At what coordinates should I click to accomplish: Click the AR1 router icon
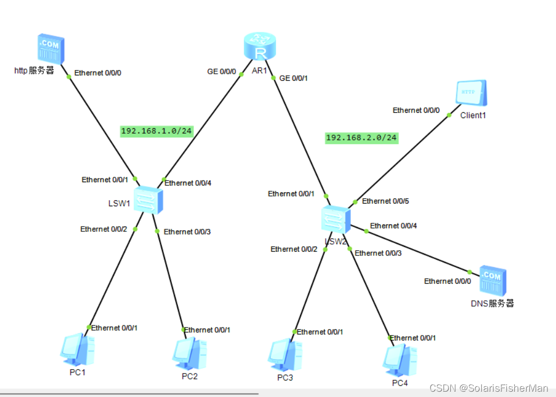click(x=260, y=46)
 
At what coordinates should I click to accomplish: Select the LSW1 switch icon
click(x=148, y=200)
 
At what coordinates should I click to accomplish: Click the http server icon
click(x=51, y=49)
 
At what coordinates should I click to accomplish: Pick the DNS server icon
click(x=492, y=282)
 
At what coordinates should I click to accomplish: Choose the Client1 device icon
click(x=472, y=94)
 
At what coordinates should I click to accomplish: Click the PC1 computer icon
click(x=77, y=350)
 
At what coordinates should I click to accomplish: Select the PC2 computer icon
click(x=190, y=353)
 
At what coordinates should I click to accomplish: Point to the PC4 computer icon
click(x=400, y=361)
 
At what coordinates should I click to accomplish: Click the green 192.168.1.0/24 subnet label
click(x=156, y=131)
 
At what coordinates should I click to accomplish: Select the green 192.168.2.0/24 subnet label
click(x=362, y=138)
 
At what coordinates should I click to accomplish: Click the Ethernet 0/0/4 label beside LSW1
click(x=187, y=183)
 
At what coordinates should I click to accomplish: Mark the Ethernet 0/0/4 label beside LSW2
click(x=394, y=225)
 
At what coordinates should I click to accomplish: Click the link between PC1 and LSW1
click(x=112, y=278)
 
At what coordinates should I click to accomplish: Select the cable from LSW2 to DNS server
click(x=417, y=251)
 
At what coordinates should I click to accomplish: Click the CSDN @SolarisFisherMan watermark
click(x=489, y=388)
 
